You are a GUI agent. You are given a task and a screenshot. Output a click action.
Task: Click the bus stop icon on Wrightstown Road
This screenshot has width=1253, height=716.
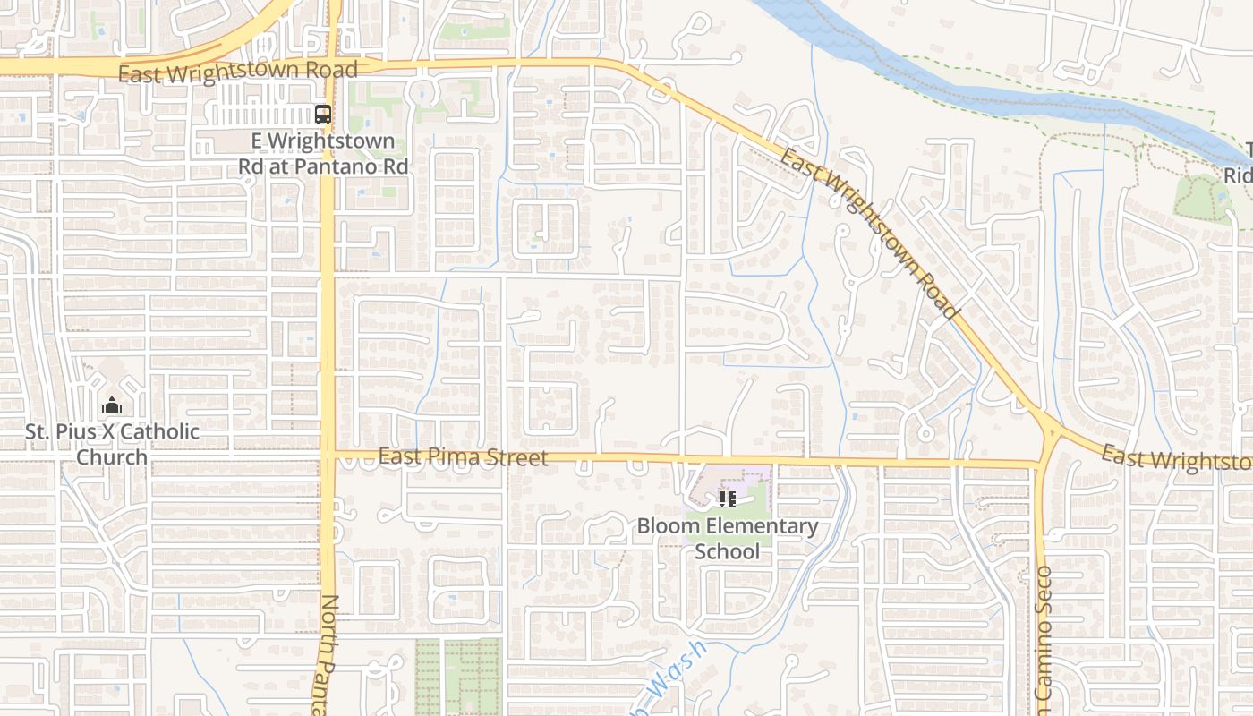[x=323, y=115]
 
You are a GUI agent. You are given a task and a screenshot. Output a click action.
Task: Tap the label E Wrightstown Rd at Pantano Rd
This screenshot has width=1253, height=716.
[x=323, y=154]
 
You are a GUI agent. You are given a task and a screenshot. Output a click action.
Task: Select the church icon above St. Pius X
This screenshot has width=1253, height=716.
[x=112, y=406]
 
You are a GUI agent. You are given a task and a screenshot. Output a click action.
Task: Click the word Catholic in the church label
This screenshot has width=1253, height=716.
[x=159, y=432]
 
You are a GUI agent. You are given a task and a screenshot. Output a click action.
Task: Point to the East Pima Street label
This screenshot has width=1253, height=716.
[x=463, y=457]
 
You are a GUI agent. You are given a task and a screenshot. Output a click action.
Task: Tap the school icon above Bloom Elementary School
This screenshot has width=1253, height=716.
[x=727, y=499]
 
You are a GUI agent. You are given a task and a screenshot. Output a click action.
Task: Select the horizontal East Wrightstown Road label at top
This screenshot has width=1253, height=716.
[x=238, y=72]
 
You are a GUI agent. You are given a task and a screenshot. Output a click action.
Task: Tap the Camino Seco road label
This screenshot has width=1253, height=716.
[x=1044, y=635]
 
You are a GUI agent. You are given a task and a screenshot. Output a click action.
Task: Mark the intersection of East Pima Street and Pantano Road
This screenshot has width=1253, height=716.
[x=328, y=456]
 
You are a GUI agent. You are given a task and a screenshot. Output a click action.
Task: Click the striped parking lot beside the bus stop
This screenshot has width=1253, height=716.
[x=260, y=115]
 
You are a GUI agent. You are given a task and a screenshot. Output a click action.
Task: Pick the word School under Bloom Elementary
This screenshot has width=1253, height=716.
[x=727, y=551]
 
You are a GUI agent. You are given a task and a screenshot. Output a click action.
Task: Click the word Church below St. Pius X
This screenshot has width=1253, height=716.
[x=112, y=457]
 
